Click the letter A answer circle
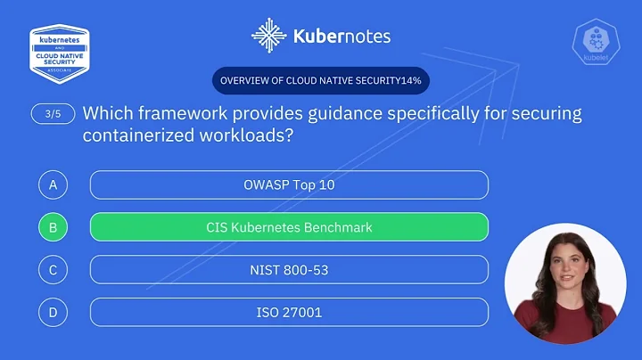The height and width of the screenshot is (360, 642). click(53, 184)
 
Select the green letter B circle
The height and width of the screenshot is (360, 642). click(53, 227)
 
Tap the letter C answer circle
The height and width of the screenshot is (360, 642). click(53, 270)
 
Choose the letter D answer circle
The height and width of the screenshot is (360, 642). click(53, 312)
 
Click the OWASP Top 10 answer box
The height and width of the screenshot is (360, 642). click(289, 184)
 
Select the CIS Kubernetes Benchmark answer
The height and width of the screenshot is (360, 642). click(289, 227)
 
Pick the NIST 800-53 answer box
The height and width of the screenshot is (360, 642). click(289, 270)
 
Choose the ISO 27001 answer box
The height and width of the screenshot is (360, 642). click(289, 312)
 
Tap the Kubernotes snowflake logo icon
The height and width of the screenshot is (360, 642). click(268, 36)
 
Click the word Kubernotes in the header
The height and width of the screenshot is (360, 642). click(342, 37)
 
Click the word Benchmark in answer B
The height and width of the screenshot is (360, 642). click(340, 227)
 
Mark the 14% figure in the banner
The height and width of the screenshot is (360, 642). click(410, 81)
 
